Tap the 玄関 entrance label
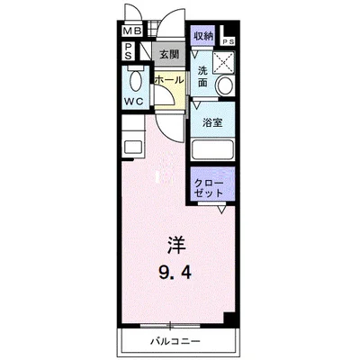coord(169,55)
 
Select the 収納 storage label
coord(203,36)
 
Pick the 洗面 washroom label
coord(203,76)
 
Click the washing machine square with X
coord(221,61)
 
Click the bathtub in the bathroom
coord(212,151)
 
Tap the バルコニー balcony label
coord(176,342)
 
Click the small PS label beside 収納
coord(229,40)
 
